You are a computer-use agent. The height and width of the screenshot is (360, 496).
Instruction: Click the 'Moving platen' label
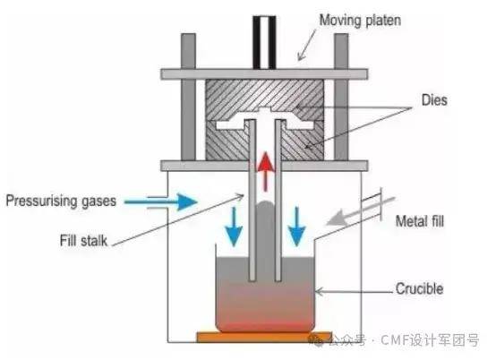[360, 21]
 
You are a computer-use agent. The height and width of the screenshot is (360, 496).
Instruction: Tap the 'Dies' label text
[434, 100]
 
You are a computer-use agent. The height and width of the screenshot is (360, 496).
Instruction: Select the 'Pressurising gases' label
[61, 201]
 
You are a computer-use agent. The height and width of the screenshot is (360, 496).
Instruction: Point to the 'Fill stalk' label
[83, 241]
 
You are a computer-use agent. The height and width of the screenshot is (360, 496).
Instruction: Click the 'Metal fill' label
[420, 221]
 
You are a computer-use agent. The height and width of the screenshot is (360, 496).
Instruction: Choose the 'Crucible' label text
[419, 289]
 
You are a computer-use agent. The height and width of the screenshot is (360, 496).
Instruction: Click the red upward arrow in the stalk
[265, 172]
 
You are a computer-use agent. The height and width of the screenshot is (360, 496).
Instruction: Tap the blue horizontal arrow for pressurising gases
[160, 201]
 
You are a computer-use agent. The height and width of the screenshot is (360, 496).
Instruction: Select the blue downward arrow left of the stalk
[234, 227]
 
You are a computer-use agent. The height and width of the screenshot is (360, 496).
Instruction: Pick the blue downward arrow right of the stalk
[296, 227]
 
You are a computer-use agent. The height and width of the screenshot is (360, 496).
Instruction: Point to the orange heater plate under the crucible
[264, 338]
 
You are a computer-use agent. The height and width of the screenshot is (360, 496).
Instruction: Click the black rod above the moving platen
[264, 42]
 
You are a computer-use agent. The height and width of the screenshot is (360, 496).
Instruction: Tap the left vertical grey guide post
[188, 97]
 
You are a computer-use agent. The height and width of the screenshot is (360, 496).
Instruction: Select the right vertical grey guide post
[341, 97]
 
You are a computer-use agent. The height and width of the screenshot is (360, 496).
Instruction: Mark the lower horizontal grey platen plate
[264, 166]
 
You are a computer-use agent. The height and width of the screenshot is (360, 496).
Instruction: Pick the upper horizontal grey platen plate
[264, 74]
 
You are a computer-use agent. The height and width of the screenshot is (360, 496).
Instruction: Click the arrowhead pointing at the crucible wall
[319, 291]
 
